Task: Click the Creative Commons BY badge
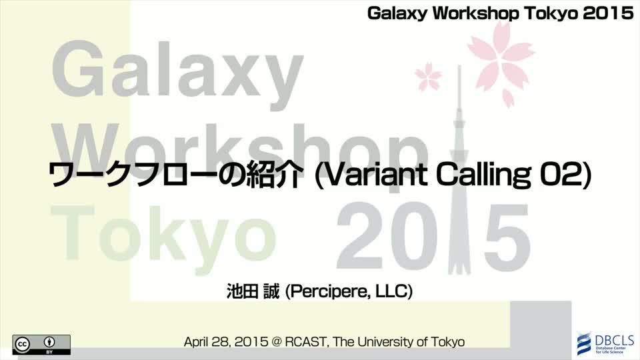point(41,345)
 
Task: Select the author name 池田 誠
point(253,291)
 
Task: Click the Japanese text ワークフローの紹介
point(176,175)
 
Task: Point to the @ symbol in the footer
point(276,342)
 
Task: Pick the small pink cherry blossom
point(428,76)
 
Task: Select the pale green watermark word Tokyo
point(163,233)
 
